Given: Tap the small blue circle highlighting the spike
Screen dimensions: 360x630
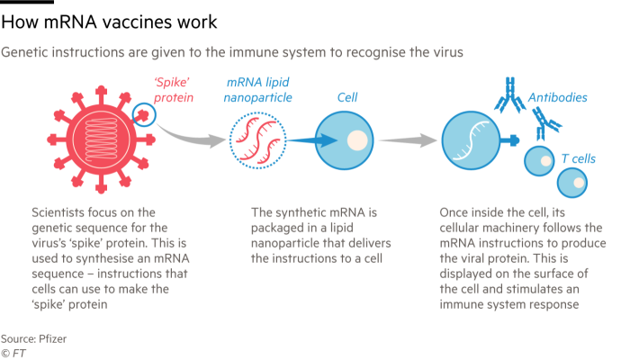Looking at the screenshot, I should (142, 113).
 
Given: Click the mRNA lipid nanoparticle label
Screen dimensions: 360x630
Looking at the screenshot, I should (258, 88).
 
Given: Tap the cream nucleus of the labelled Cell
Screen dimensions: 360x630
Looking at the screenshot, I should (357, 141).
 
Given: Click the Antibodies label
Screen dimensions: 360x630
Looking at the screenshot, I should (557, 96).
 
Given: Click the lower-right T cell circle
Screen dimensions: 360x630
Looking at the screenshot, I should (572, 181).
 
